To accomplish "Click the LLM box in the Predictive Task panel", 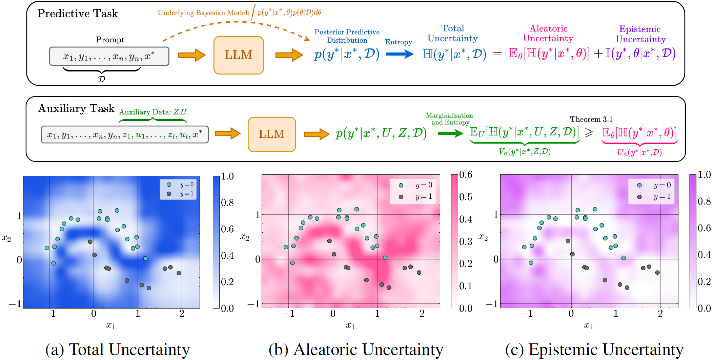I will point(239,55).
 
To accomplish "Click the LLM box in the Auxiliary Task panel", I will point(272,134).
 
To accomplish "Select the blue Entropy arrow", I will point(400,54).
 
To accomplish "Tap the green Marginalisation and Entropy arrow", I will point(450,133).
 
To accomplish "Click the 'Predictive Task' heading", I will point(78,14).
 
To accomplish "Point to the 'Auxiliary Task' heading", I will point(76,108).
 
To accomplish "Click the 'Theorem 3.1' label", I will point(591,119).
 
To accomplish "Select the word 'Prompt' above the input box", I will point(110,40).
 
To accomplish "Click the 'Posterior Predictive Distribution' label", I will point(347,36).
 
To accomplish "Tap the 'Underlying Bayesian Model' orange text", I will point(203,13).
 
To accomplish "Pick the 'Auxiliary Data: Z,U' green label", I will point(153,112).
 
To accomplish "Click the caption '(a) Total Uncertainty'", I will point(118,350).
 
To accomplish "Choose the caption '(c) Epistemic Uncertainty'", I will point(594,350).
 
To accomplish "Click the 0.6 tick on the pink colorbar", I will point(466,175).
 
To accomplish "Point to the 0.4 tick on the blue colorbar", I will point(227,255).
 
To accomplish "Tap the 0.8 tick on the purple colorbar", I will point(704,202).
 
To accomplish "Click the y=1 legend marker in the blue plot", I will point(169,194).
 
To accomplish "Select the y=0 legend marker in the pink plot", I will point(401,185).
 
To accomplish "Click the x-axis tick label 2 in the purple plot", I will point(660,314).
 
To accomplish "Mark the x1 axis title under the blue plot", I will point(111,325).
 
